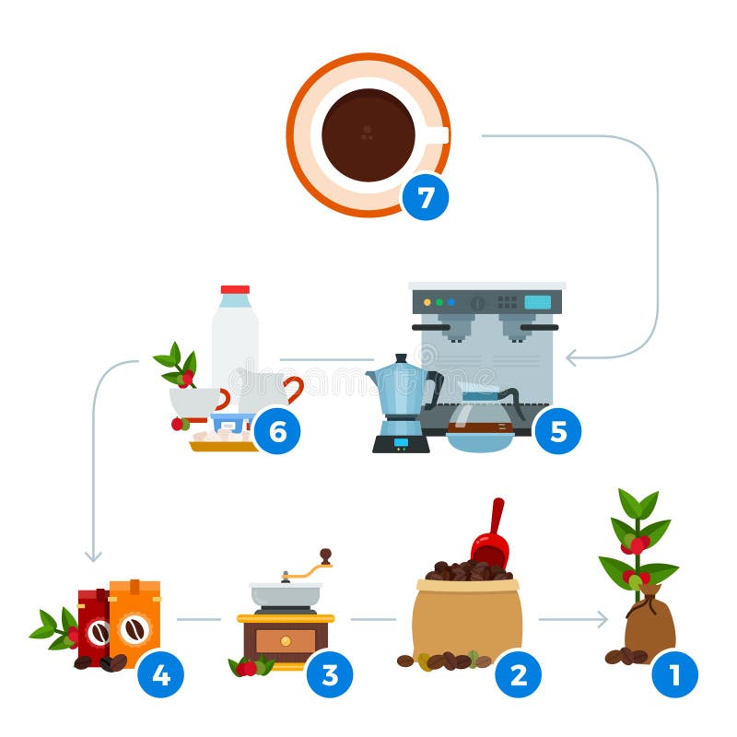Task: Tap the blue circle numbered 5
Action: click(557, 430)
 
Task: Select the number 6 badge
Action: click(276, 430)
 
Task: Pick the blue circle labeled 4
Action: click(160, 675)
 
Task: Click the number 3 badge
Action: click(329, 675)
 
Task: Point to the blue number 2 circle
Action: click(518, 675)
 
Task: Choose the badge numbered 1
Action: click(674, 675)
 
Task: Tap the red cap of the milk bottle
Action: click(235, 290)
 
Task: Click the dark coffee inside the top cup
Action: click(368, 135)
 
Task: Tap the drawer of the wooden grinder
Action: click(285, 639)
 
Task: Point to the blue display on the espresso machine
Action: click(537, 302)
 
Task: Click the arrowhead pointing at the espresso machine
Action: click(570, 357)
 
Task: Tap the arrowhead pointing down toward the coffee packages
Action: click(93, 556)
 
